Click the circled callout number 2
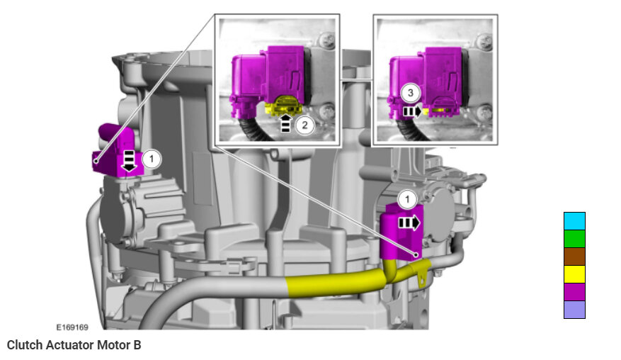[x=304, y=125]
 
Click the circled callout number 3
[x=410, y=93]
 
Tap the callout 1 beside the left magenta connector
[x=152, y=159]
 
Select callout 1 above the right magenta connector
[x=408, y=199]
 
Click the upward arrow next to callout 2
[x=286, y=123]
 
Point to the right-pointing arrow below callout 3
[x=412, y=111]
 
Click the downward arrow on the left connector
[x=129, y=161]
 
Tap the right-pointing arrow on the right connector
[x=409, y=223]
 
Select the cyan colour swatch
[x=574, y=221]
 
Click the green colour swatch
[x=574, y=239]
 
